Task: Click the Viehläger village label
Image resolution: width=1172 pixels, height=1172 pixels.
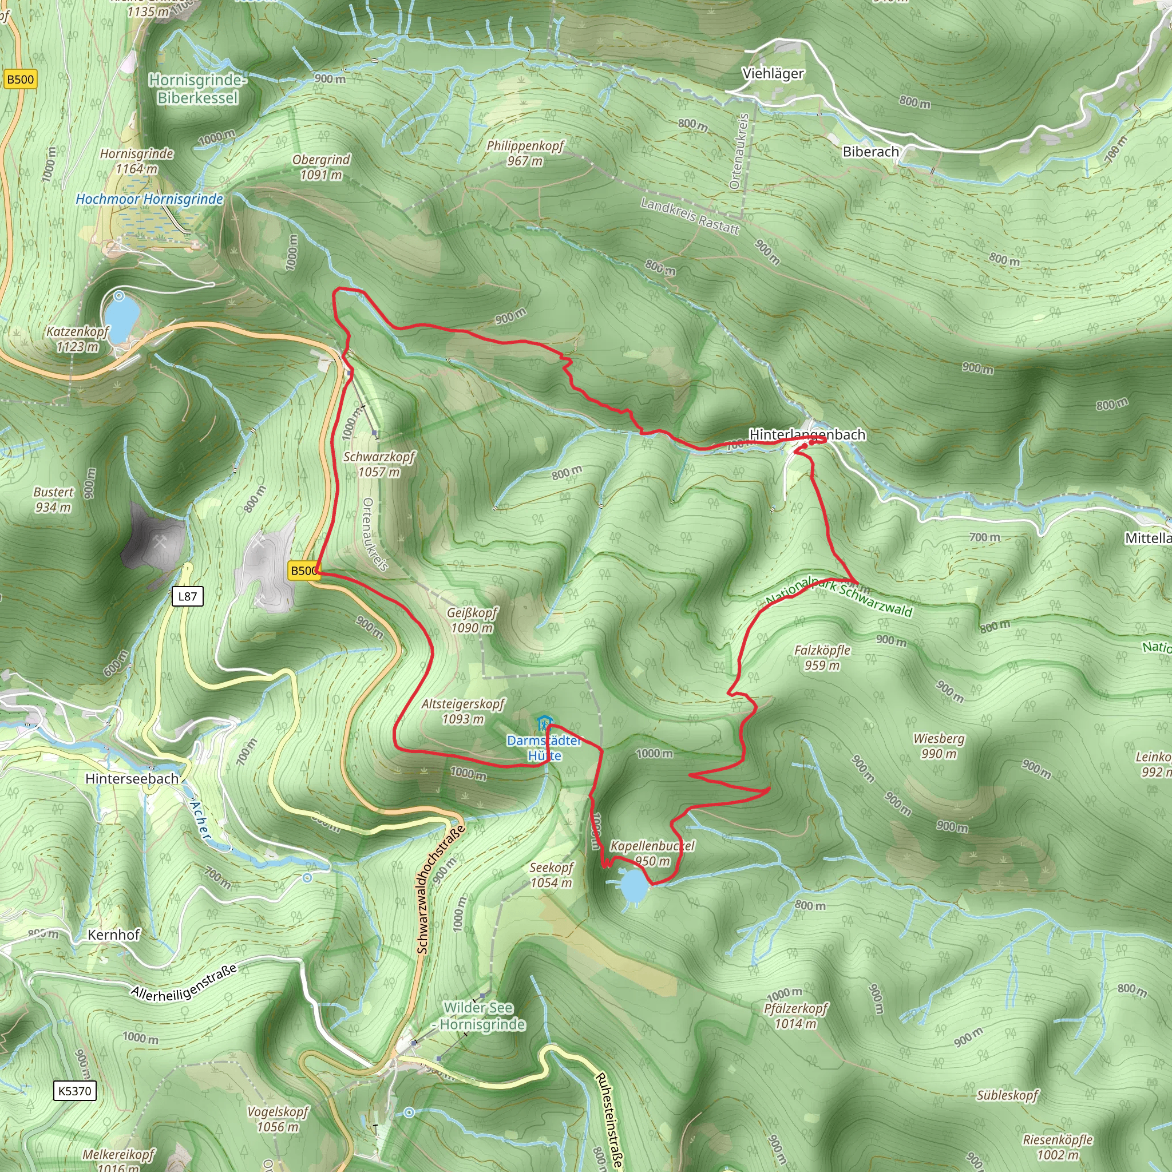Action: (x=772, y=73)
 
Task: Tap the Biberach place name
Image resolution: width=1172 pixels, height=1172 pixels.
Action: (x=870, y=152)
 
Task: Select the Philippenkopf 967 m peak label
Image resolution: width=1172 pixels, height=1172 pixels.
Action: (x=525, y=153)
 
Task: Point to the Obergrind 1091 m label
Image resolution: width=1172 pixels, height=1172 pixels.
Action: (x=321, y=168)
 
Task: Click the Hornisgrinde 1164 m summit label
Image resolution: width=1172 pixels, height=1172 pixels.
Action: (x=137, y=161)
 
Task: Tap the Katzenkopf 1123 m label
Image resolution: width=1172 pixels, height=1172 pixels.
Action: (x=77, y=339)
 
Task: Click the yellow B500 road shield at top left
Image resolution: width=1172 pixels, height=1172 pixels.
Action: (x=20, y=80)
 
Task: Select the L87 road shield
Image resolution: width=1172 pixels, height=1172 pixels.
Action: (x=188, y=596)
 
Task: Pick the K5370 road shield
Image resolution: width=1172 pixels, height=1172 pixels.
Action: (x=74, y=1091)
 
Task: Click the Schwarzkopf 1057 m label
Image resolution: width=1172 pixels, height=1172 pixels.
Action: (x=378, y=464)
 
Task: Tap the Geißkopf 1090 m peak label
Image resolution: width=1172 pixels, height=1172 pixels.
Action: (x=472, y=620)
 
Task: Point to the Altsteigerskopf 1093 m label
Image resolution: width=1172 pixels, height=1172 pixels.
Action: (x=463, y=711)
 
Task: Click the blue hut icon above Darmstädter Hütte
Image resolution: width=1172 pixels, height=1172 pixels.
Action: (x=544, y=724)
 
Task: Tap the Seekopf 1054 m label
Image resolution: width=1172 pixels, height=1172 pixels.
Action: (x=551, y=875)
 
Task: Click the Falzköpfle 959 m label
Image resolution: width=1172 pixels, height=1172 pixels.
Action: (x=822, y=658)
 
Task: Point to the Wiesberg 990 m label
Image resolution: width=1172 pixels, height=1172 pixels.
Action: (x=939, y=746)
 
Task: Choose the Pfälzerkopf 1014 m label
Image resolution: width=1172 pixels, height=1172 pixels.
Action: (x=795, y=1016)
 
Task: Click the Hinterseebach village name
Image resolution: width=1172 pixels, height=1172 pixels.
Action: (x=132, y=778)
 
